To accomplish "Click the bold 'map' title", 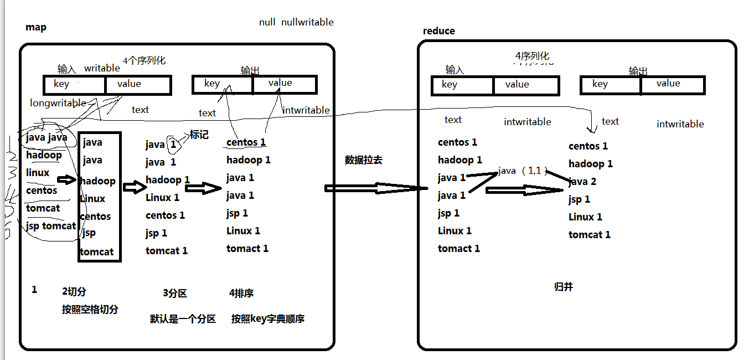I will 36,28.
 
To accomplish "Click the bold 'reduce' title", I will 438,31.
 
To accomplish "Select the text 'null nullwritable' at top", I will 296,22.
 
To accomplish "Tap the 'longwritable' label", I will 58,103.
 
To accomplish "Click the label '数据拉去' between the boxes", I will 363,160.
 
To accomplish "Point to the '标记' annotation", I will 199,135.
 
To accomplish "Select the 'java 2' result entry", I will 582,182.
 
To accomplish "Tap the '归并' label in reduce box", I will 563,287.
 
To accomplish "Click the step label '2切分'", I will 74,292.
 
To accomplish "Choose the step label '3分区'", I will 174,293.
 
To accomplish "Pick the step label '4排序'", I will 241,293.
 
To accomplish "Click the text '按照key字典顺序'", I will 268,319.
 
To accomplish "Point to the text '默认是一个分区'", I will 183,319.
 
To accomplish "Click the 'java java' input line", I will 47,137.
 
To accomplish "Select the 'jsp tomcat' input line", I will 51,226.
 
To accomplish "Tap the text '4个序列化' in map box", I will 144,60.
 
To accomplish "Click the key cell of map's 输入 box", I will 74,85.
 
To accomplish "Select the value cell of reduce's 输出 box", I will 673,85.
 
